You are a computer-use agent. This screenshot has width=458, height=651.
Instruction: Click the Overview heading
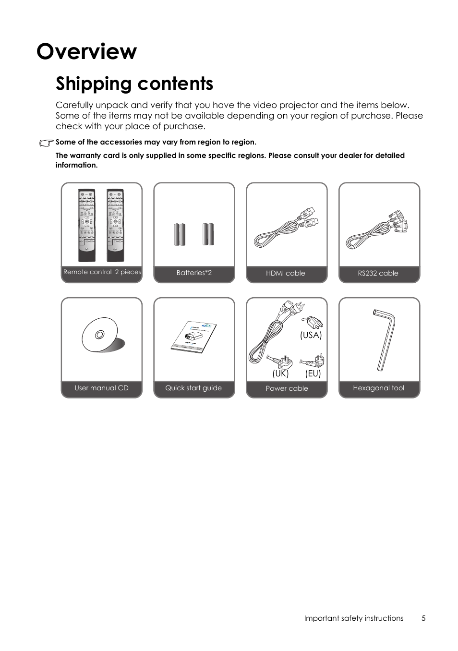tap(87, 51)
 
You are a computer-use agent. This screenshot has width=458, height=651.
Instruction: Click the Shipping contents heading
tap(134, 84)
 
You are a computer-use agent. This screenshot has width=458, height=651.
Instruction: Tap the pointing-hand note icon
tap(47, 143)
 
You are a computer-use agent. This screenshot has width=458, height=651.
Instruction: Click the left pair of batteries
tap(180, 234)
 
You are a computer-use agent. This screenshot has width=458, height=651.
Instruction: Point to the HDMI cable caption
tap(286, 273)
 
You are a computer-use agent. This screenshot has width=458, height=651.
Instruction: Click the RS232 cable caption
tap(378, 273)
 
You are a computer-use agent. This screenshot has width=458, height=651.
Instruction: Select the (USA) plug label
tap(311, 335)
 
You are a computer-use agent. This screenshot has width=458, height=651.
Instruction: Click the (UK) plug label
tap(280, 373)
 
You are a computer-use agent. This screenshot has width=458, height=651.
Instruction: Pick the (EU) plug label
tap(313, 373)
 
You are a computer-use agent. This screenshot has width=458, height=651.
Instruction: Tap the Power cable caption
tap(287, 388)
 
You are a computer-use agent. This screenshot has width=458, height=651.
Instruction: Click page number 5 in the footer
tap(423, 618)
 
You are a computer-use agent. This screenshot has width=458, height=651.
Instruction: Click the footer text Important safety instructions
tap(353, 618)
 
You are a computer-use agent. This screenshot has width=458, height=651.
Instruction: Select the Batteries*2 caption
tap(194, 273)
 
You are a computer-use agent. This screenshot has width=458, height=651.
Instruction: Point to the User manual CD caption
tap(101, 388)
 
